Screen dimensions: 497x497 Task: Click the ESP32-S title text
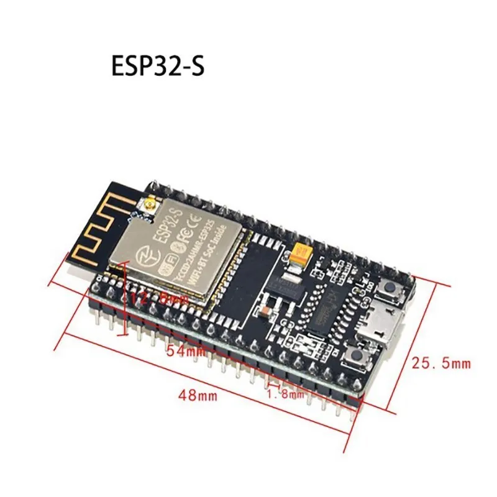(157, 66)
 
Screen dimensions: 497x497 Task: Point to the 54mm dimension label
(185, 351)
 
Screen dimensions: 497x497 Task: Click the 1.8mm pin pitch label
(285, 393)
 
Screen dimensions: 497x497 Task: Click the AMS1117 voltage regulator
(291, 285)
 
